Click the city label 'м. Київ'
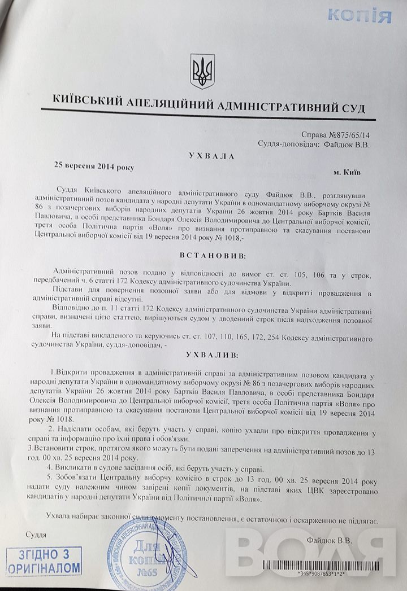(350, 169)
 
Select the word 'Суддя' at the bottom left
(36, 533)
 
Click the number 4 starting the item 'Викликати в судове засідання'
(51, 469)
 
